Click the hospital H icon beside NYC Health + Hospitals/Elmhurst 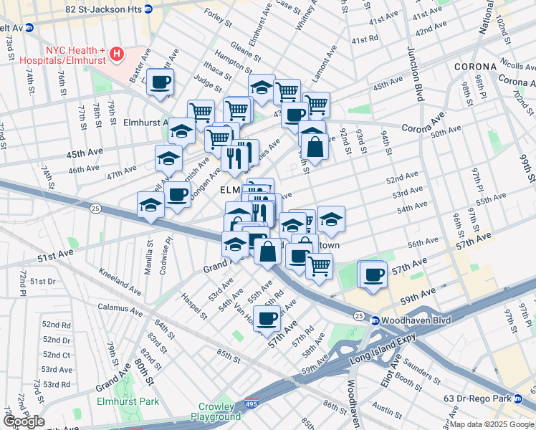pyautogui.click(x=117, y=54)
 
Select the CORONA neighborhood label pyautogui.click(x=475, y=67)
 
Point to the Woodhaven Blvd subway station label pyautogui.click(x=411, y=320)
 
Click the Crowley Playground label pyautogui.click(x=220, y=411)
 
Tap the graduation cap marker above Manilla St pyautogui.click(x=151, y=205)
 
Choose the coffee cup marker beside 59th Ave pyautogui.click(x=372, y=274)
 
